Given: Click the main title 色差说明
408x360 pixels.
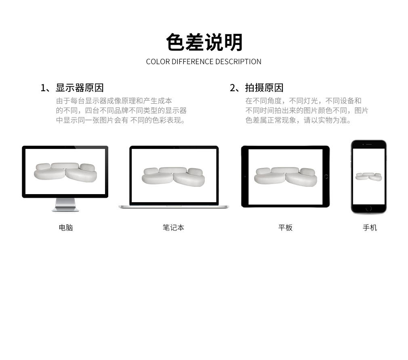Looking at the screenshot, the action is (204, 42).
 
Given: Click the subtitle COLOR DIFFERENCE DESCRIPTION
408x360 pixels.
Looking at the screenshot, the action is (204, 62).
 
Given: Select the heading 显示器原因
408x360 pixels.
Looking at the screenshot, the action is (80, 88).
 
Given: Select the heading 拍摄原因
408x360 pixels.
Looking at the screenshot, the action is (264, 88).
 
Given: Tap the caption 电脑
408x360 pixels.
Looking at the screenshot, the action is (66, 228).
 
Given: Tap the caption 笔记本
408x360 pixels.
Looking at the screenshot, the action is (174, 228).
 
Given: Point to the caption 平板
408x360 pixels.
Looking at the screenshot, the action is (286, 228).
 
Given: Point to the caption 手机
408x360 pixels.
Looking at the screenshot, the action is (370, 228).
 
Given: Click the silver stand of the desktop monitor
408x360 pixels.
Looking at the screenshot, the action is (65, 205).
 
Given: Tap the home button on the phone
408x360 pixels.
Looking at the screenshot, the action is (369, 209).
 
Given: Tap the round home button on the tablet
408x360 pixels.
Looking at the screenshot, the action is (326, 177).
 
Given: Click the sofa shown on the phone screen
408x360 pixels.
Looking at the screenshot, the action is (369, 177).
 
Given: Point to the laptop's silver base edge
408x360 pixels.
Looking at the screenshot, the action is (174, 207).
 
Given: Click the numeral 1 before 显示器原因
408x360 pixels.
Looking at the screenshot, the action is (43, 88).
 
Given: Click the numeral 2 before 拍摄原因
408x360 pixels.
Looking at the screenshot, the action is (233, 88).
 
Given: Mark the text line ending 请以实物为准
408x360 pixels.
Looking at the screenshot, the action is (299, 120).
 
